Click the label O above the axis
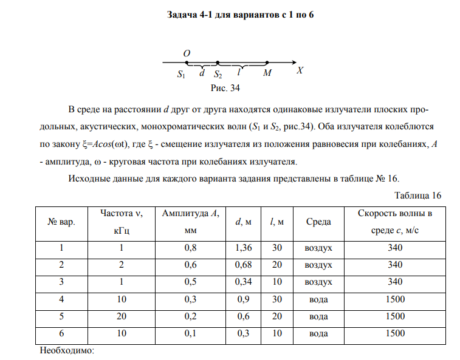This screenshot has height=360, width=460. coord(187,53)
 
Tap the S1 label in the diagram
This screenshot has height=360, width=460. coord(181,74)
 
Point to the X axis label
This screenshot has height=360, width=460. coord(300,70)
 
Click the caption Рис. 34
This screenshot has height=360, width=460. coord(225,89)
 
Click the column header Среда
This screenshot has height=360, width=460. coord(318,222)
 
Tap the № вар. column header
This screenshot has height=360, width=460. coord(61,222)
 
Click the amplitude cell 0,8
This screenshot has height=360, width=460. coord(190,248)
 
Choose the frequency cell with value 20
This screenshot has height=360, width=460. coord(121,316)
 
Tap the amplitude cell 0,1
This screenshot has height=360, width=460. coord(190,333)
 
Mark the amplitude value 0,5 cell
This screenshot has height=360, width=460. coord(190,282)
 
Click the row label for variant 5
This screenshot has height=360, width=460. coord(61,316)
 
